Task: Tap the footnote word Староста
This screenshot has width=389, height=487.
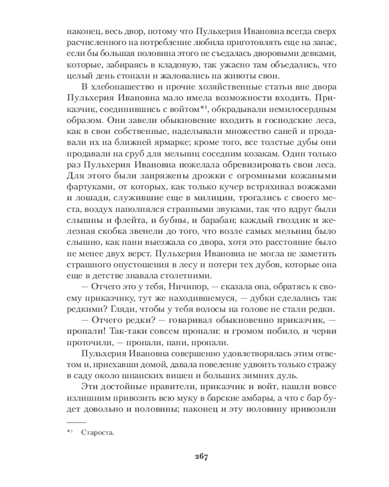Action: click(x=97, y=431)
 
